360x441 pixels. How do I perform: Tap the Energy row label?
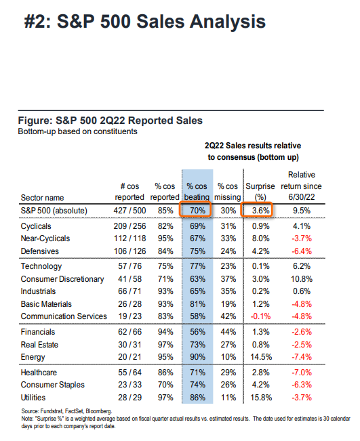(x=33, y=357)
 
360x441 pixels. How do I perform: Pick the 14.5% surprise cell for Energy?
(x=261, y=357)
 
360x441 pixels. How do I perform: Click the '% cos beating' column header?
(x=197, y=192)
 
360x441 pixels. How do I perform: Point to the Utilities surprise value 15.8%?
(x=261, y=398)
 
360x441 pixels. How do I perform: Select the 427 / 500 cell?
(x=129, y=211)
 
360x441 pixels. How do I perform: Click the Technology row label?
(x=41, y=266)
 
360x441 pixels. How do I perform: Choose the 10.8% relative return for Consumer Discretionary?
(x=302, y=279)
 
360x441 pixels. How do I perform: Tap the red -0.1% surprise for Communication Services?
(x=260, y=316)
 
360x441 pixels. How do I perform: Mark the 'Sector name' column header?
(x=42, y=197)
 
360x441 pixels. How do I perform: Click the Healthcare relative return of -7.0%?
(x=302, y=373)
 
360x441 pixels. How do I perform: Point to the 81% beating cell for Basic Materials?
(x=197, y=304)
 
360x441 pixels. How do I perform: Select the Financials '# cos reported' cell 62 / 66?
(x=129, y=332)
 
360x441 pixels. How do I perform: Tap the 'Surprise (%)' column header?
(x=260, y=192)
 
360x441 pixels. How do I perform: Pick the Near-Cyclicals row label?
(x=45, y=238)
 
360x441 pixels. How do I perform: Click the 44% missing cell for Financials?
(x=228, y=332)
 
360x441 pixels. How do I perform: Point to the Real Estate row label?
(x=39, y=345)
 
